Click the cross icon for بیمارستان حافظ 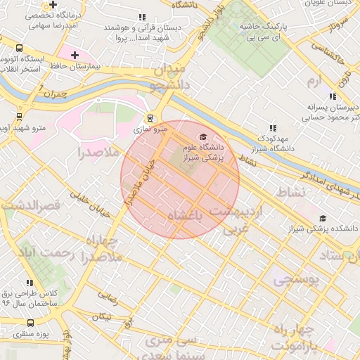point(75,55)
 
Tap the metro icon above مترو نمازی point(148,118)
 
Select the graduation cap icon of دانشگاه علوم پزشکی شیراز point(203,136)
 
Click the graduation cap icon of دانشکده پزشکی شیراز point(323,219)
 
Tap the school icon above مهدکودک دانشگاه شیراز point(273,128)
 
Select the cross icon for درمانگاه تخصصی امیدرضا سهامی point(52,4)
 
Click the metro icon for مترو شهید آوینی point(18,117)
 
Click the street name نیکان point(101,318)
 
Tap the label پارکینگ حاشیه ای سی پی point(269,30)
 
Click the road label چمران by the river point(53,93)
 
